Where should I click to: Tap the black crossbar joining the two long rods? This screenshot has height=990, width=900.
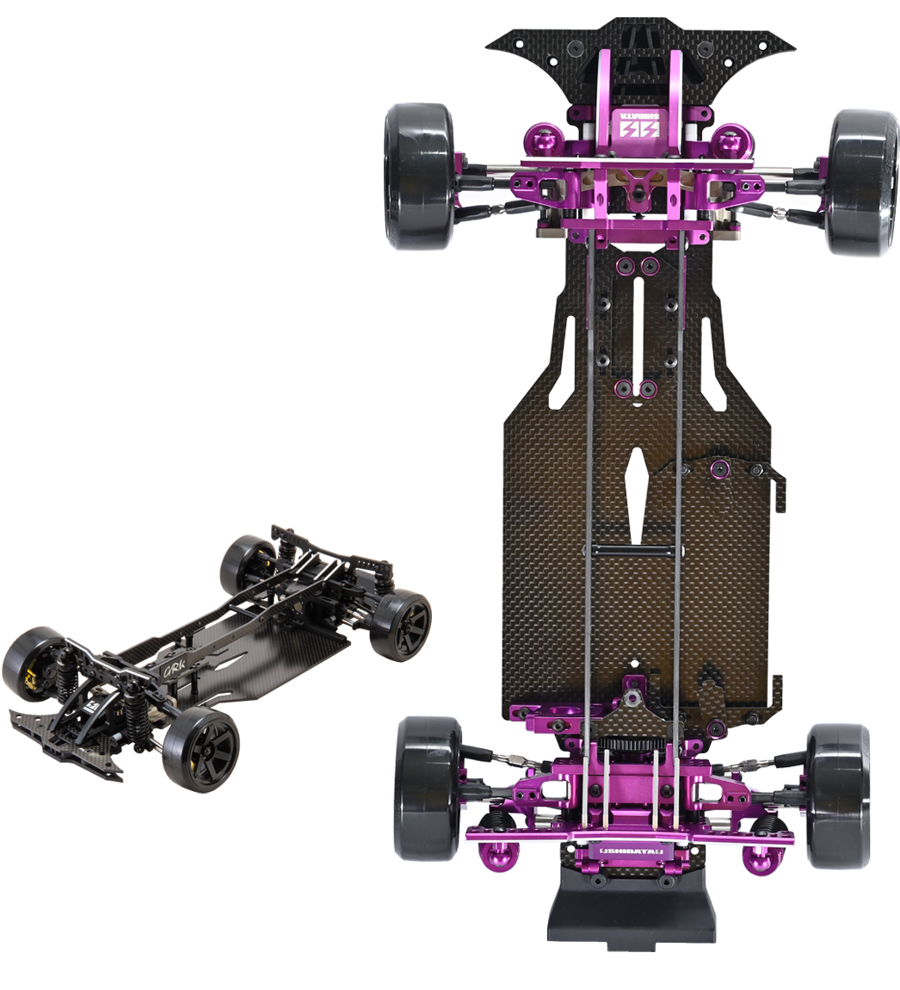(x=633, y=550)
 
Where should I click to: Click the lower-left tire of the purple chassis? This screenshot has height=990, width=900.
(x=427, y=788)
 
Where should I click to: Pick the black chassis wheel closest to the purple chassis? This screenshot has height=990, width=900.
(x=403, y=624)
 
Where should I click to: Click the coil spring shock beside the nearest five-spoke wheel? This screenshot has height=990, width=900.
(x=134, y=718)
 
